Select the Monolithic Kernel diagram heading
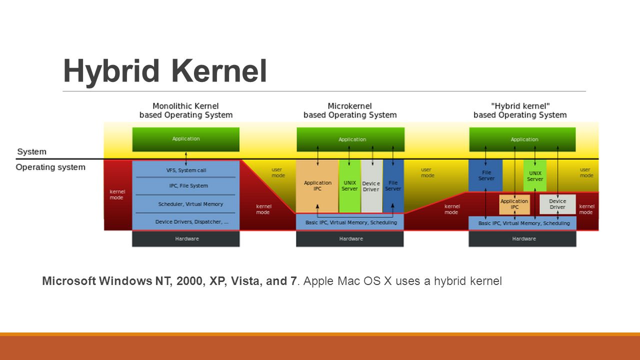(x=185, y=110)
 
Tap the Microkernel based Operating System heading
(x=349, y=110)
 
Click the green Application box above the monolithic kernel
(x=185, y=139)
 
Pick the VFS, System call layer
(x=185, y=170)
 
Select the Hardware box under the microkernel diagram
(x=350, y=239)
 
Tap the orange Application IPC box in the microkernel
(x=317, y=186)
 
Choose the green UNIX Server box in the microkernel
(x=349, y=186)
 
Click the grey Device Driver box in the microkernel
(x=371, y=186)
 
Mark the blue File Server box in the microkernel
(x=393, y=186)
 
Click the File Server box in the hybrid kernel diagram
(x=485, y=175)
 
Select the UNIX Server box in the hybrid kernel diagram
(x=534, y=175)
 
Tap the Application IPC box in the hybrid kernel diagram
(x=514, y=204)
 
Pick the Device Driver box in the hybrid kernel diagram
(x=557, y=204)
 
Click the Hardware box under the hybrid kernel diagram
(x=522, y=239)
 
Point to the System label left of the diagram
(x=31, y=151)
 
